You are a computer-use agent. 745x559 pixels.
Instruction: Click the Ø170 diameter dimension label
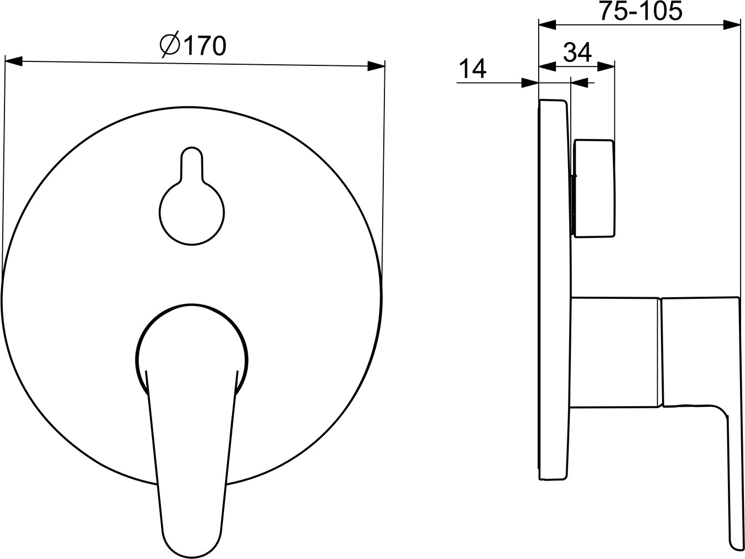[x=193, y=45]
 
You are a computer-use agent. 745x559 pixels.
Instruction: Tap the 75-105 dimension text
[x=640, y=12]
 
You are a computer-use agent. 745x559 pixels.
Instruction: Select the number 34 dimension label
[x=577, y=52]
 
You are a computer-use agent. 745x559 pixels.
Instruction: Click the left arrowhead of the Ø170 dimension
[x=14, y=61]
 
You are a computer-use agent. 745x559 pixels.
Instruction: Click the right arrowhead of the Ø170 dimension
[x=377, y=66]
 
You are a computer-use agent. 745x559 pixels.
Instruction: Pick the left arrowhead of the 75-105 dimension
[x=548, y=25]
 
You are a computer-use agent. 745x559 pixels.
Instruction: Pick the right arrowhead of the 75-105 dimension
[x=732, y=25]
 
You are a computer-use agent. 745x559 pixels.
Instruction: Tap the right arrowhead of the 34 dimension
[x=606, y=66]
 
